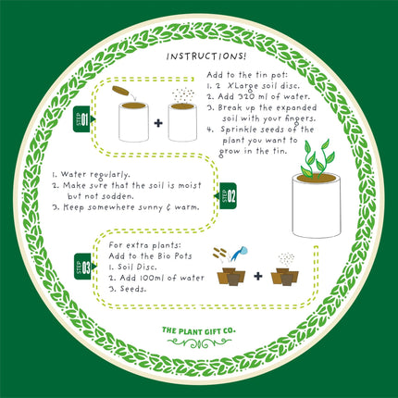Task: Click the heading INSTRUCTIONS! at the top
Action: coord(200,56)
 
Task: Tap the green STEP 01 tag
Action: coord(81,121)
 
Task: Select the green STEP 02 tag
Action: coord(228,193)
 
